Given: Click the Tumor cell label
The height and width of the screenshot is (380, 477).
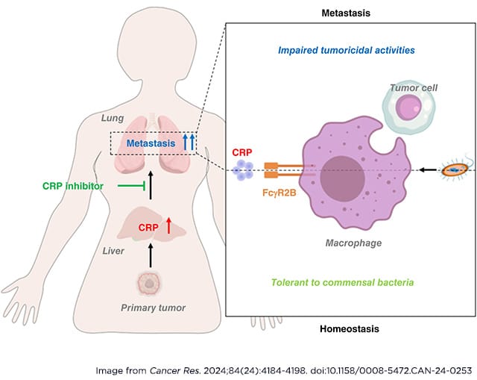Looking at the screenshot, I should [x=414, y=87].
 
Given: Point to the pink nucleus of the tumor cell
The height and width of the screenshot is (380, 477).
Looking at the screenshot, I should [x=409, y=110].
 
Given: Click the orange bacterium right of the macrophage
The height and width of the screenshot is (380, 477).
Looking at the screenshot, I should [x=450, y=170].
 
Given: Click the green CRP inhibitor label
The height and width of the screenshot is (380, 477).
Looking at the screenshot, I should [x=73, y=185].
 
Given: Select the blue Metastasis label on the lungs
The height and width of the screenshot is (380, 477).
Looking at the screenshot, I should [x=151, y=143].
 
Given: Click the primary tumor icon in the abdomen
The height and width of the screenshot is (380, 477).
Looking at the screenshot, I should [x=150, y=283].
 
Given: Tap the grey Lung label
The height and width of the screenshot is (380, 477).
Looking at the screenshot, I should [x=113, y=118].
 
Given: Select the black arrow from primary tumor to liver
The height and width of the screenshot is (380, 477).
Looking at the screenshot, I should [x=151, y=255].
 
